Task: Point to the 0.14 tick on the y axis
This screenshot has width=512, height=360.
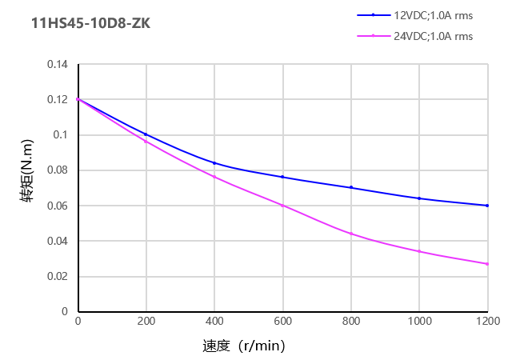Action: [x=58, y=65]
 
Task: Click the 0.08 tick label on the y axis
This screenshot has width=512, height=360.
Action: [x=58, y=170]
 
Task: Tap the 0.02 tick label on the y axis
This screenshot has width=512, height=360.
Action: [x=58, y=276]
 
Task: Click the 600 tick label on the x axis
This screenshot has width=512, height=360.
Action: [x=282, y=321]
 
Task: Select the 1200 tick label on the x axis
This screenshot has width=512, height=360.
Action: [x=487, y=321]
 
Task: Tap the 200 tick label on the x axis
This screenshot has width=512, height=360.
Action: [x=146, y=321]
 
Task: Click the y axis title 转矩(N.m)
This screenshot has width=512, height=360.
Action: [x=27, y=188]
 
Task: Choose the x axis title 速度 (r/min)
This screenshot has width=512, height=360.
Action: [x=243, y=346]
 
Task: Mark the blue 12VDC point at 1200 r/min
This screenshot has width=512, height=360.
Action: [x=487, y=206]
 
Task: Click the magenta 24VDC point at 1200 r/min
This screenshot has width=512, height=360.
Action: [x=487, y=264]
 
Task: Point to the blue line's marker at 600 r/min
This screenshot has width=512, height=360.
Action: [x=282, y=177]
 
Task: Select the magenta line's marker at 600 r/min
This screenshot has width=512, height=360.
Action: [x=282, y=206]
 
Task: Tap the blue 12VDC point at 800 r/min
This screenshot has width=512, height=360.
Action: [x=350, y=187]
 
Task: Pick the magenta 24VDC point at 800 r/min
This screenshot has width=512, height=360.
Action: [x=350, y=234]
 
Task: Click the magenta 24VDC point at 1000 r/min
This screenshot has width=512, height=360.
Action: [x=419, y=251]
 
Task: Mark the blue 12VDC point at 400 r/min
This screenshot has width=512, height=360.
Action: [x=214, y=163]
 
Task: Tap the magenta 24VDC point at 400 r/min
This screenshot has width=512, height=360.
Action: [x=214, y=177]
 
